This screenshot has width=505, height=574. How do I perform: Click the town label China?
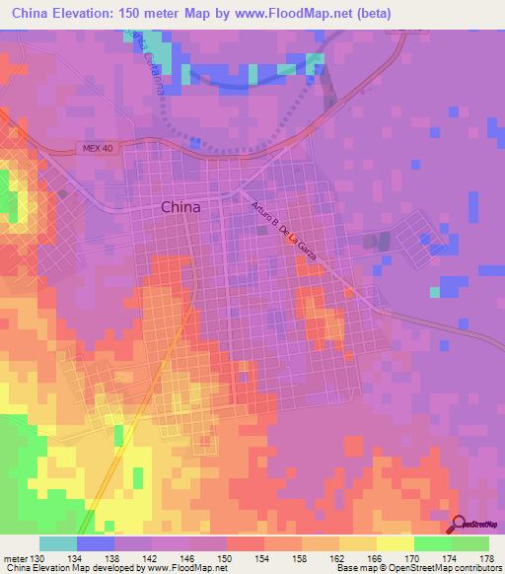[180, 207]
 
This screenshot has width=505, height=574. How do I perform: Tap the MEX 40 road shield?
[93, 148]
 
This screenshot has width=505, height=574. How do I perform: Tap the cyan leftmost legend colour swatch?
[58, 543]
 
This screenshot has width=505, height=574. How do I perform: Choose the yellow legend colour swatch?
[395, 543]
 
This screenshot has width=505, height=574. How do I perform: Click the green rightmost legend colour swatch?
[469, 543]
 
